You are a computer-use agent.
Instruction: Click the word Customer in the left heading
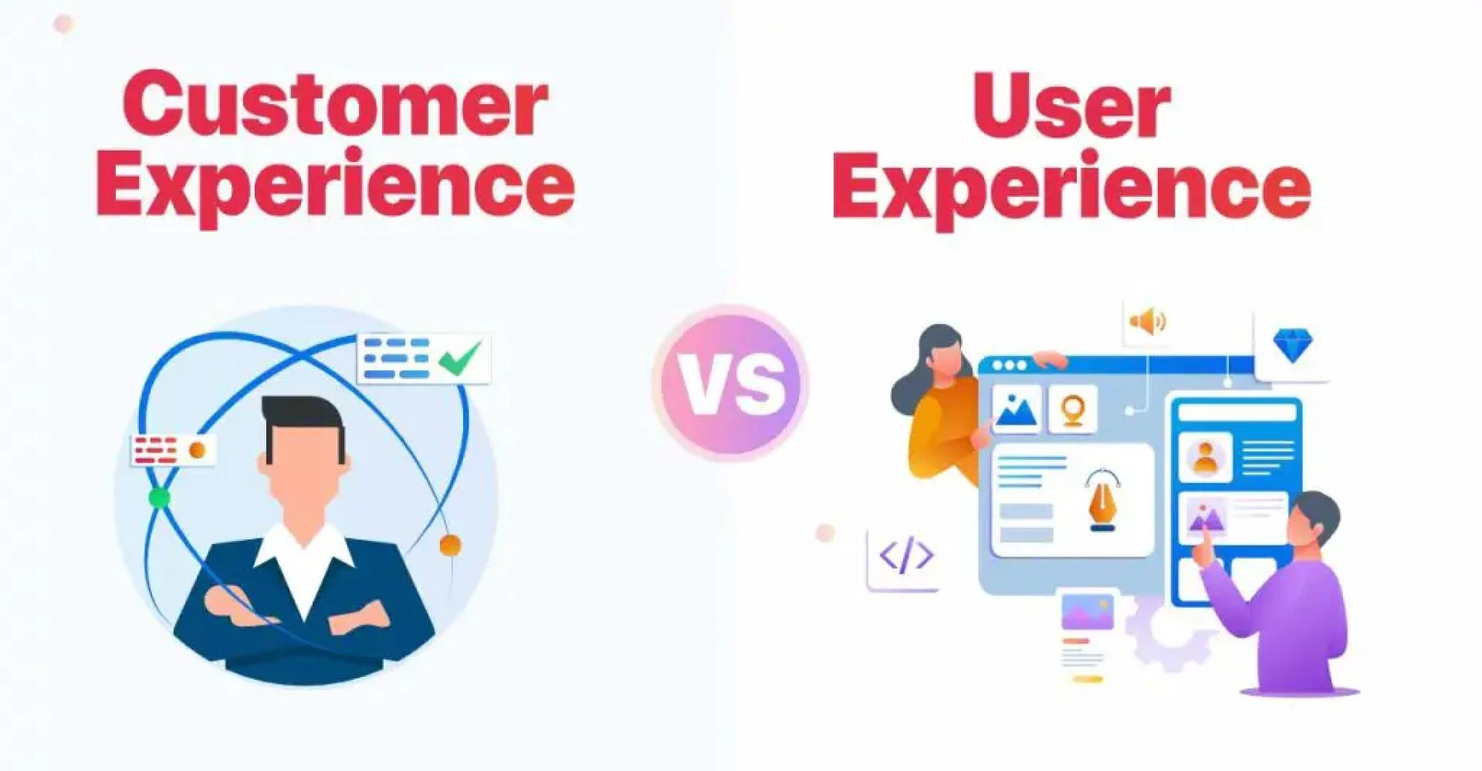pyautogui.click(x=335, y=104)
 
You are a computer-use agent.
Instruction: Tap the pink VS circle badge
pyautogui.click(x=730, y=383)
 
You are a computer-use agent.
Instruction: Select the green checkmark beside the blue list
pyautogui.click(x=460, y=357)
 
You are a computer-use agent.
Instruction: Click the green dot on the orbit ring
pyautogui.click(x=160, y=498)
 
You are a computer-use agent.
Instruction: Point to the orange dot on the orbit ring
pyautogui.click(x=449, y=546)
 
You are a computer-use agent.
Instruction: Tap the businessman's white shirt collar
pyautogui.click(x=304, y=552)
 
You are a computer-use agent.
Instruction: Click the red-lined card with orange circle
pyautogui.click(x=172, y=450)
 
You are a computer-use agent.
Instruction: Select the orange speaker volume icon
pyautogui.click(x=1148, y=321)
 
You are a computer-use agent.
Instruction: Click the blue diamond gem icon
pyautogui.click(x=1292, y=345)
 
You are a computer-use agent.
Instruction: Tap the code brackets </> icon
pyautogui.click(x=906, y=556)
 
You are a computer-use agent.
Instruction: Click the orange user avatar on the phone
pyautogui.click(x=1205, y=457)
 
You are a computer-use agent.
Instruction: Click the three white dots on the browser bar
pyautogui.click(x=1010, y=365)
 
